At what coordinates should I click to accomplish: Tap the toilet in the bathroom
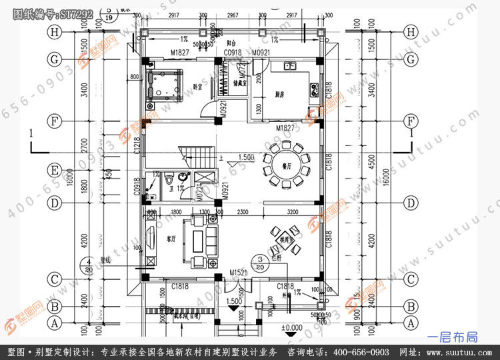pyautogui.click(x=170, y=181)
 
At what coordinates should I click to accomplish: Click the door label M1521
pyautogui.click(x=238, y=274)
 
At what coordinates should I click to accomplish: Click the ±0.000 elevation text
pyautogui.click(x=291, y=327)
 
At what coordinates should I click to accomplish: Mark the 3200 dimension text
pyautogui.click(x=292, y=212)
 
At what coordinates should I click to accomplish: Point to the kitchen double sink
pyautogui.click(x=289, y=65)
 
